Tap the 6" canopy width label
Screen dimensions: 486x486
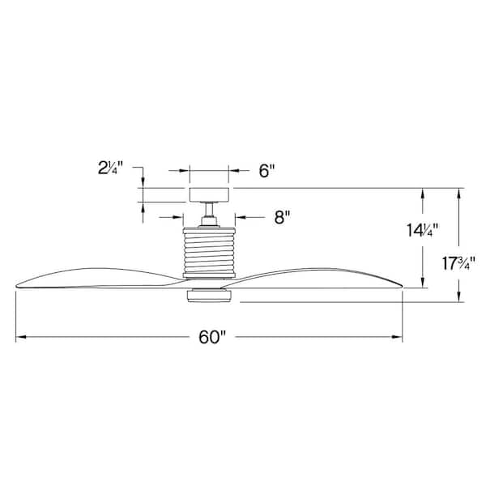click(x=267, y=171)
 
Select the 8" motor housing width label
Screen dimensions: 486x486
click(x=281, y=216)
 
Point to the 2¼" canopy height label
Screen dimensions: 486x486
click(x=107, y=168)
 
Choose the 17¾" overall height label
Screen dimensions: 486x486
click(x=458, y=263)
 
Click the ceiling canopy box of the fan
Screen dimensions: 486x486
click(x=209, y=194)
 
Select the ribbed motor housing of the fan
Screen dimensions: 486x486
click(x=209, y=253)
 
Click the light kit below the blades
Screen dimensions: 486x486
click(x=210, y=297)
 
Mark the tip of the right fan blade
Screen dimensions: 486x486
click(x=401, y=284)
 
